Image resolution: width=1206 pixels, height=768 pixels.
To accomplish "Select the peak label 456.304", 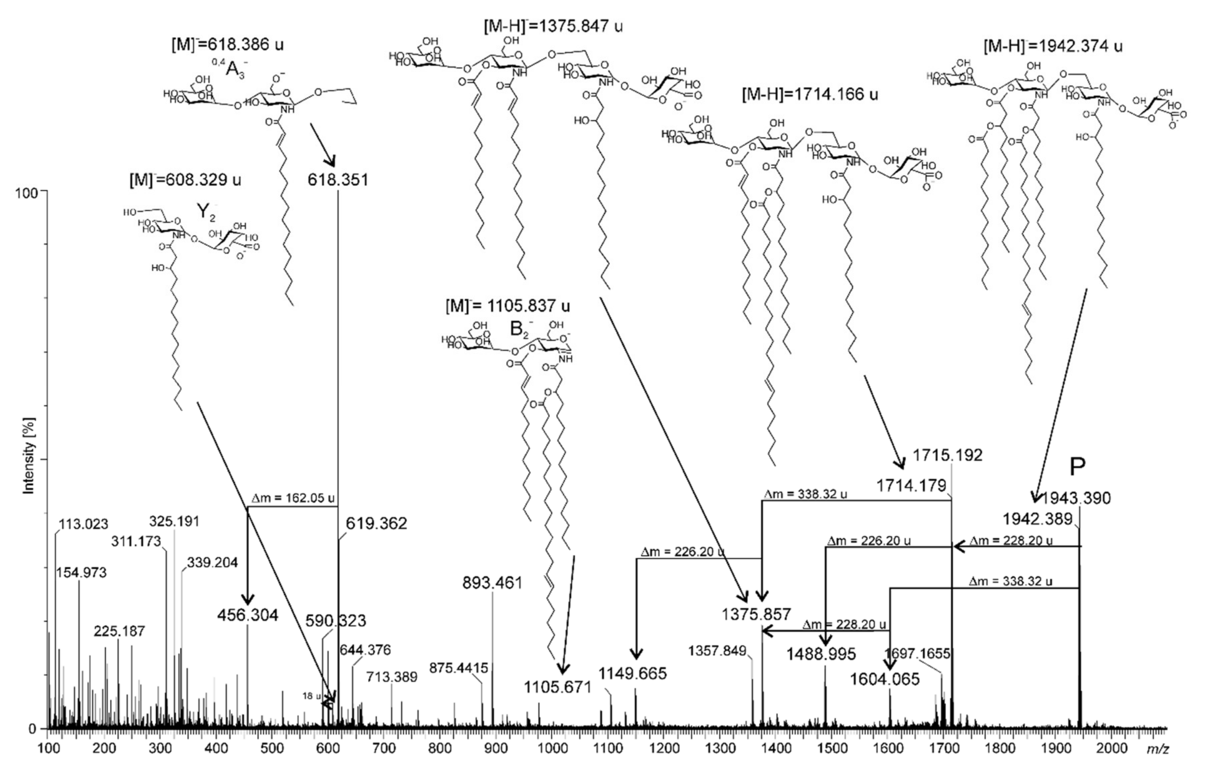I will (x=247, y=615).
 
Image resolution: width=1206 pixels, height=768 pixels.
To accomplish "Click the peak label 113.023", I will (x=83, y=524).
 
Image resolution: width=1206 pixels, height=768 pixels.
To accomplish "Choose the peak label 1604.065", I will (x=884, y=679).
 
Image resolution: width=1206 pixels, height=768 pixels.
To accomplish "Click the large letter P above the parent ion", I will (x=1077, y=467).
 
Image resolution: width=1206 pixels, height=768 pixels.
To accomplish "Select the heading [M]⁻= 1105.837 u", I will (x=507, y=305).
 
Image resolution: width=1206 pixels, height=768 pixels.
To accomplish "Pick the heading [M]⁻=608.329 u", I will (x=185, y=179).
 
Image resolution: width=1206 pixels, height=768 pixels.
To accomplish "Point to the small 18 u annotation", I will (x=311, y=696).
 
